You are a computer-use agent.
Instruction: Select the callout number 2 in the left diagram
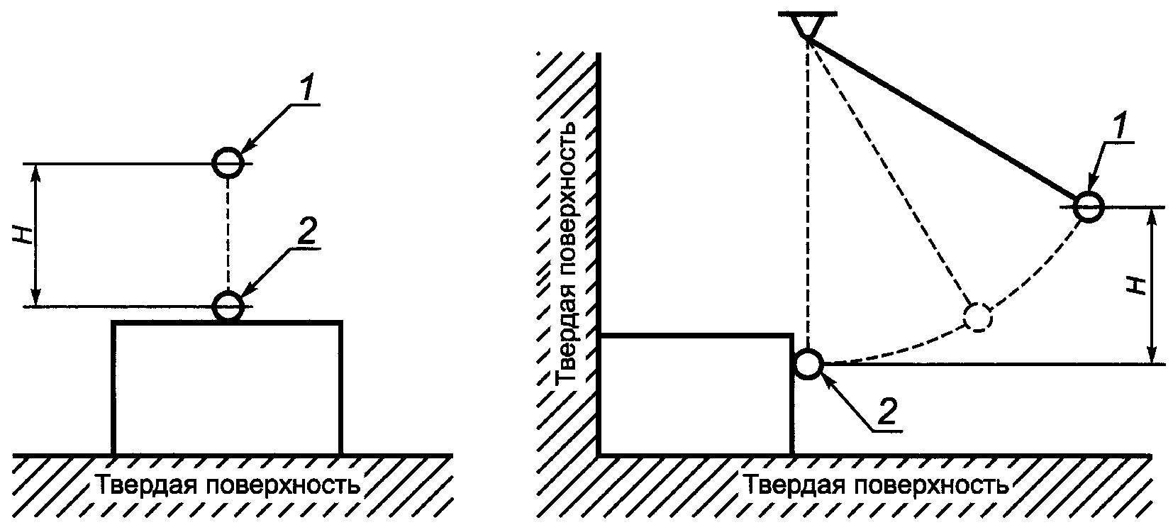307,231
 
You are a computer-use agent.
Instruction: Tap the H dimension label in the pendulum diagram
1137,285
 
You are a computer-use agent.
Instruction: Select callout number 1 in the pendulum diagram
1118,126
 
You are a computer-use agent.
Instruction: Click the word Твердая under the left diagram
146,485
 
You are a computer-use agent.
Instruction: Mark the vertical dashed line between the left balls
228,236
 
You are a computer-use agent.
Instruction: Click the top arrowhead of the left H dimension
35,173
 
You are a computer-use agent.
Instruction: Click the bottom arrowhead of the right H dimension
1151,354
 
